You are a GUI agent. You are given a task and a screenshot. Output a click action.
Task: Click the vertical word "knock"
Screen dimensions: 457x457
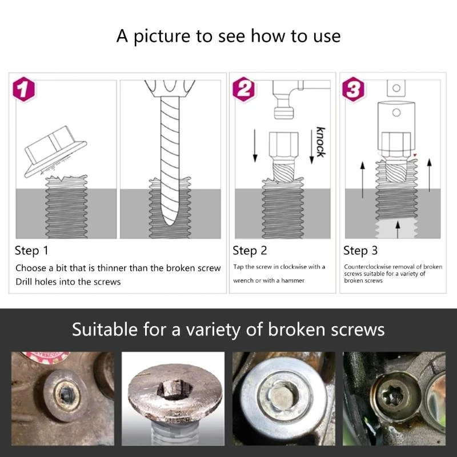pyautogui.click(x=320, y=142)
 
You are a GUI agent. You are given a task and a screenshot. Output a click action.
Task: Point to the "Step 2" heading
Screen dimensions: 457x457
pyautogui.click(x=250, y=251)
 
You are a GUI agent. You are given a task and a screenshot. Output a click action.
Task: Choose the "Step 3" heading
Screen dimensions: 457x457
pyautogui.click(x=360, y=251)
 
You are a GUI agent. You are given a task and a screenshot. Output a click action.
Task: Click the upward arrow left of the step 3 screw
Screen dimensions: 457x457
pyautogui.click(x=362, y=180)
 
